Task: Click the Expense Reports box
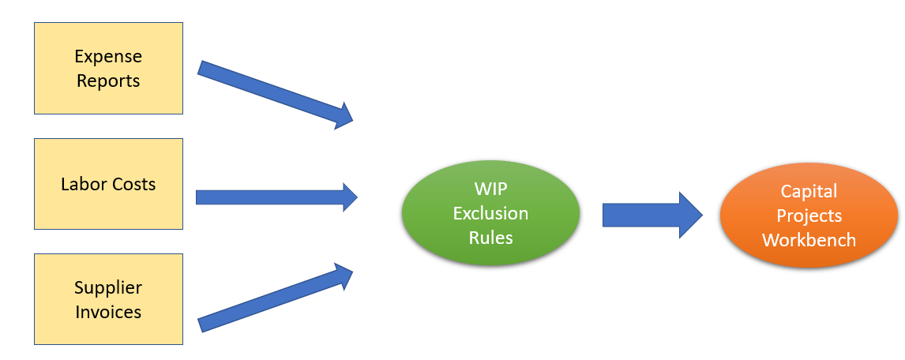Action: pyautogui.click(x=108, y=68)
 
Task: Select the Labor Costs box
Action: pyautogui.click(x=108, y=184)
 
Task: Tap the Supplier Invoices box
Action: pyautogui.click(x=108, y=299)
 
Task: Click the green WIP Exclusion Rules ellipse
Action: pyautogui.click(x=490, y=213)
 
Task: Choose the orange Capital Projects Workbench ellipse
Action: pyautogui.click(x=809, y=215)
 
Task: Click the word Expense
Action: pyautogui.click(x=108, y=57)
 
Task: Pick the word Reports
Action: pyautogui.click(x=108, y=81)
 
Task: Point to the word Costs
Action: pyautogui.click(x=132, y=184)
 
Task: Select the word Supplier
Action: pyautogui.click(x=108, y=287)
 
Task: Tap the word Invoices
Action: pyautogui.click(x=108, y=312)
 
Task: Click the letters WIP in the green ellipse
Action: pyautogui.click(x=490, y=190)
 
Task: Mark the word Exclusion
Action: pyautogui.click(x=490, y=213)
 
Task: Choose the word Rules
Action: pyautogui.click(x=490, y=237)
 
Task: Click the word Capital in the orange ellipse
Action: pyautogui.click(x=809, y=191)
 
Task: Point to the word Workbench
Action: pyautogui.click(x=809, y=239)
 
